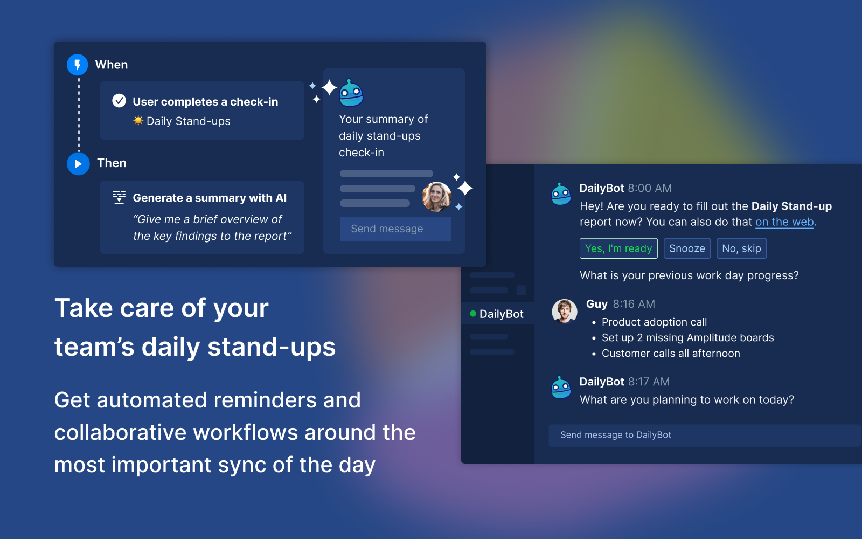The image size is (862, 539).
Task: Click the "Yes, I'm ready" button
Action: [x=618, y=248]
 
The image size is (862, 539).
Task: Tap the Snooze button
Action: [x=687, y=248]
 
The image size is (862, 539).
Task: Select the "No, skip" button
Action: [x=741, y=248]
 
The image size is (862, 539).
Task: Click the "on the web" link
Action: [x=784, y=222]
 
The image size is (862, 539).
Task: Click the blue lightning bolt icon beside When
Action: [x=78, y=65]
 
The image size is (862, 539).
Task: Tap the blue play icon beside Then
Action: [x=78, y=164]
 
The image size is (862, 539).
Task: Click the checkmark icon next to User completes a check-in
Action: [x=119, y=101]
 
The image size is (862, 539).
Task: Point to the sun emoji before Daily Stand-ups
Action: [x=138, y=121]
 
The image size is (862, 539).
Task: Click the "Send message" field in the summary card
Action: [x=395, y=229]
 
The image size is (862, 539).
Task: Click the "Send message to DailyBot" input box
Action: [x=704, y=435]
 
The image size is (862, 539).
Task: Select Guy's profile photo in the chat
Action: [x=565, y=311]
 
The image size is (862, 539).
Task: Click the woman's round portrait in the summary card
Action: [x=436, y=197]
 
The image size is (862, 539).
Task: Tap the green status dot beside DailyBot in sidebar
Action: [x=473, y=314]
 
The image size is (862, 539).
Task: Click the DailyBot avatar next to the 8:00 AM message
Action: [x=561, y=194]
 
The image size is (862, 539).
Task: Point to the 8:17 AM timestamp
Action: [x=649, y=382]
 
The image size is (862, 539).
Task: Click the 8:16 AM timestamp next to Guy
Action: [x=634, y=304]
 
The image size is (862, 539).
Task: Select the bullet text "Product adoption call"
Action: [x=654, y=322]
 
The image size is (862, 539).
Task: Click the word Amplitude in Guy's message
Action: [x=711, y=337]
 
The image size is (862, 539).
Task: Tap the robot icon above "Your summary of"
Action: [x=351, y=93]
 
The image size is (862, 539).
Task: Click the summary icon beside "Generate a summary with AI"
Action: [x=119, y=197]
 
